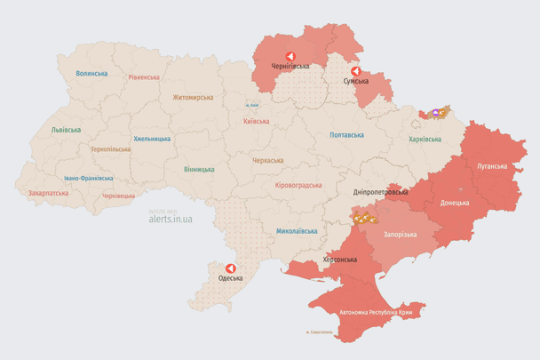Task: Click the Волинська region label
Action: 91,74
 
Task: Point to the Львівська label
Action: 66,130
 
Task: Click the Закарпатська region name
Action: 47,192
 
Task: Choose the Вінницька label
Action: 199,169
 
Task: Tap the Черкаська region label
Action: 268,161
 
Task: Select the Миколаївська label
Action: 297,230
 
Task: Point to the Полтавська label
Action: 346,135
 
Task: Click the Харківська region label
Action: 425,140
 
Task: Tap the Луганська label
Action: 491,166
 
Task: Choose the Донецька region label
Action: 455,202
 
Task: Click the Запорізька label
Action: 400,234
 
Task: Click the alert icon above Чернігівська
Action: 290,55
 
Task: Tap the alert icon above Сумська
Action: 355,71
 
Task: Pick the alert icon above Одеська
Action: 231,268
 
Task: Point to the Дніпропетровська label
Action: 380,191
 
